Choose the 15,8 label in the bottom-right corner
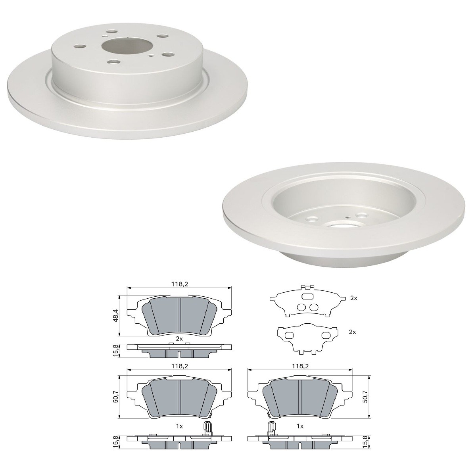pos(365,441)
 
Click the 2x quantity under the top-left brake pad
pos(179,339)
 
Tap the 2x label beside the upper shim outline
pos(354,298)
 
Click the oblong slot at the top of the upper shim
pos(307,296)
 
